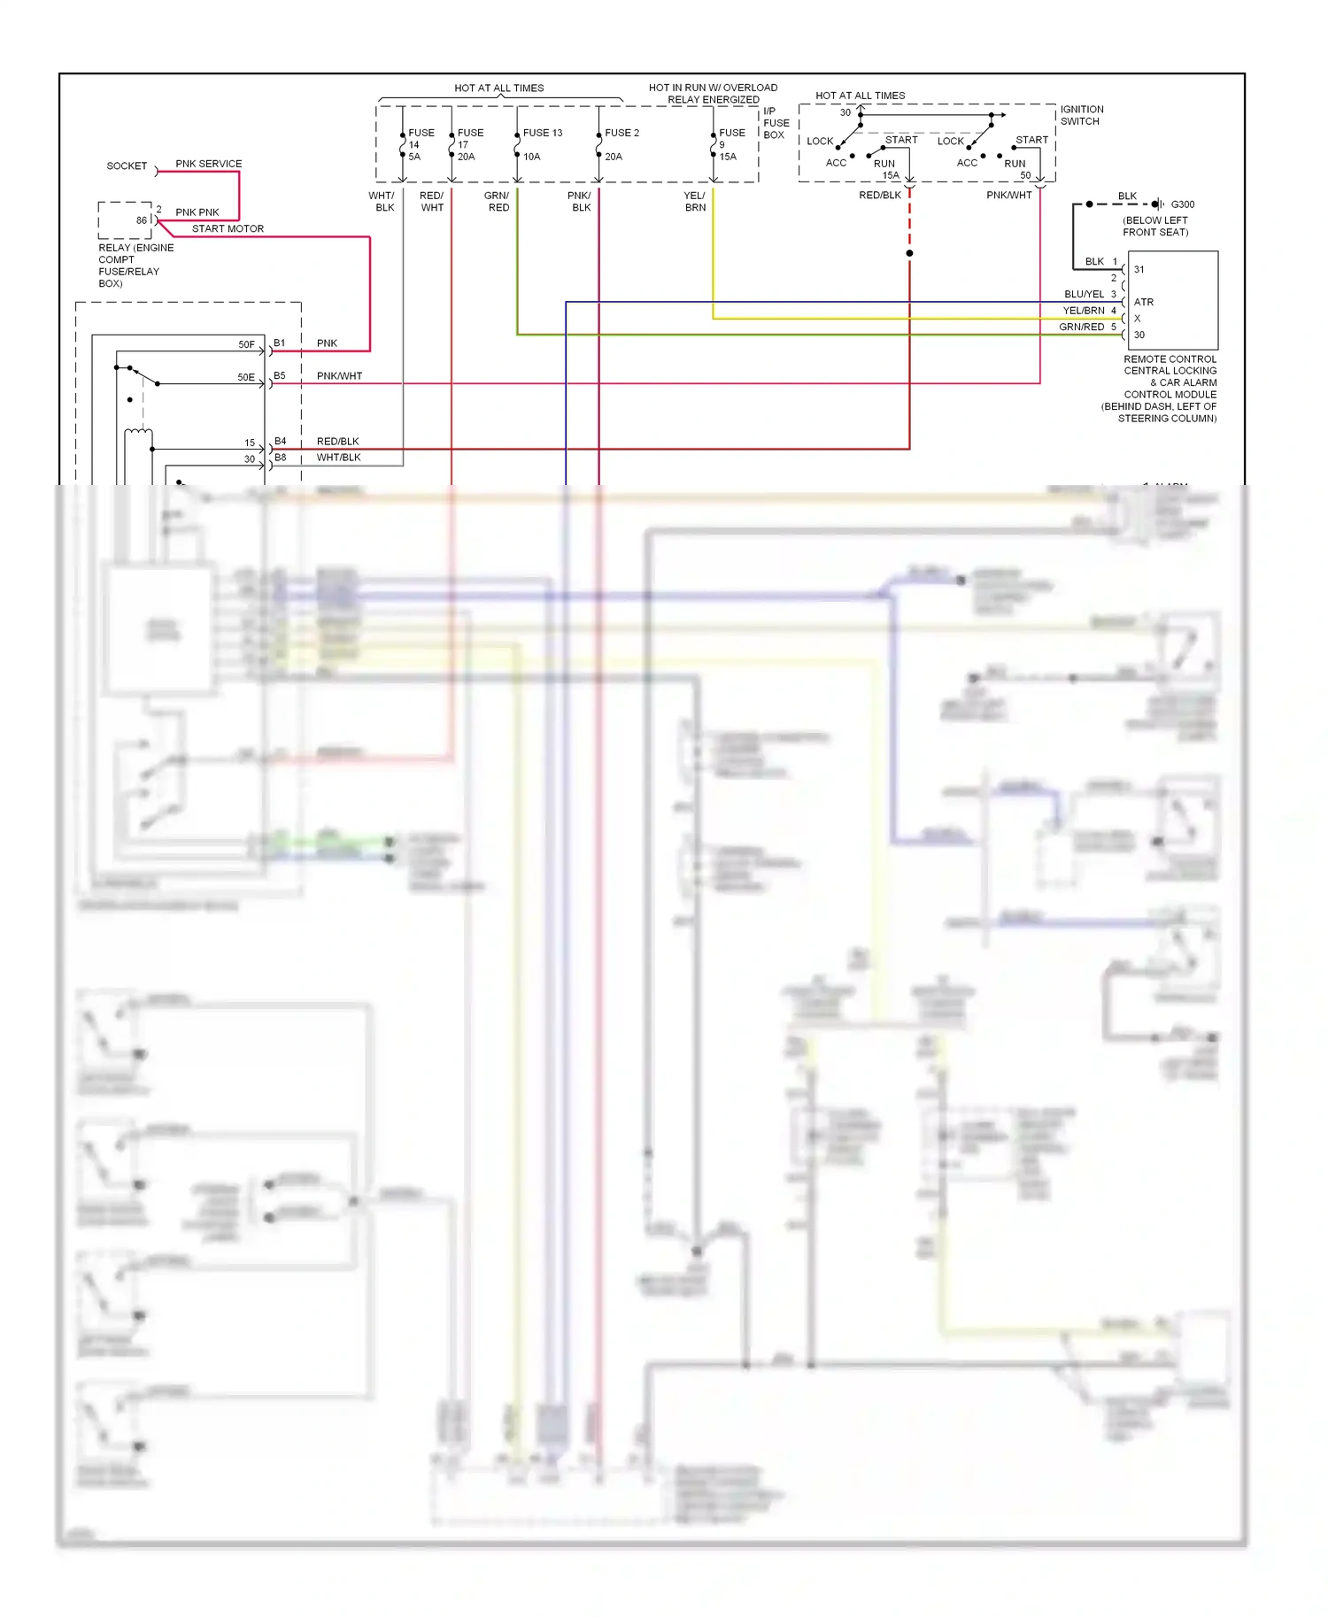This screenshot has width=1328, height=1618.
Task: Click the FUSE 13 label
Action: (542, 133)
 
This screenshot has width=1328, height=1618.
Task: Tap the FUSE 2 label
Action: (622, 133)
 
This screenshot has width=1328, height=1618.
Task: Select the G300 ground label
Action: (1182, 204)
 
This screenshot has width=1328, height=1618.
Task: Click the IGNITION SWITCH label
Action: (1081, 115)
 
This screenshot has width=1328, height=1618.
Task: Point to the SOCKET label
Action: (127, 166)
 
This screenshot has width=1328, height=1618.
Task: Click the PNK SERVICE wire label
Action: (208, 164)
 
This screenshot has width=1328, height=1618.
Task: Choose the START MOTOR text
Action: (228, 228)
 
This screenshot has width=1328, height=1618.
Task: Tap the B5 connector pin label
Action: (280, 375)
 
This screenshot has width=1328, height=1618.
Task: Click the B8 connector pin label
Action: (280, 458)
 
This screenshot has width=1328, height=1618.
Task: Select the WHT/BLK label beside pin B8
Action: (338, 458)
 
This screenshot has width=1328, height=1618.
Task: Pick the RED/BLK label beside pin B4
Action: (337, 441)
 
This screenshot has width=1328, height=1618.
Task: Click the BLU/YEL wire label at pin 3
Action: (1084, 294)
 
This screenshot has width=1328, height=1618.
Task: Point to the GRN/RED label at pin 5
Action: (1081, 327)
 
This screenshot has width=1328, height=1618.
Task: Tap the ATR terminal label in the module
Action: (1143, 302)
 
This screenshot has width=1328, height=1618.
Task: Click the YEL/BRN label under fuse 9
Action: (695, 202)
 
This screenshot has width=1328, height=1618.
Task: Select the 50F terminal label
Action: (246, 344)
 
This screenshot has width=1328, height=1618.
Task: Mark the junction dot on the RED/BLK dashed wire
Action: (909, 253)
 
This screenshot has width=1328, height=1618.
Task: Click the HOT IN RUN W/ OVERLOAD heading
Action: (713, 88)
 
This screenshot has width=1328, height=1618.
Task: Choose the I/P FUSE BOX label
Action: (776, 123)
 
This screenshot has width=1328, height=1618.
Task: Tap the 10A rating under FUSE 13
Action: (531, 157)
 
